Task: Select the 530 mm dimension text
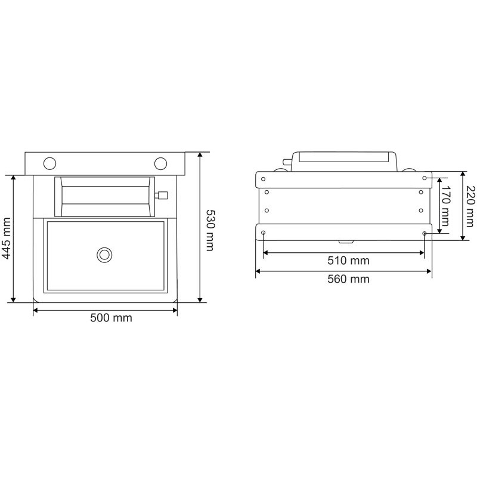210,230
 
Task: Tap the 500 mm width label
111,318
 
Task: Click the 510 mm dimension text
349,261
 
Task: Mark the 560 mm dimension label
349,279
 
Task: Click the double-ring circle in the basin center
104,254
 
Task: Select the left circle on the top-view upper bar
50,163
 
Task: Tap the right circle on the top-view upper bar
160,163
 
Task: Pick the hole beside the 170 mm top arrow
424,178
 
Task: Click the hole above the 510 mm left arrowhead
264,233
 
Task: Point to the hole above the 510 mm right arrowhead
424,233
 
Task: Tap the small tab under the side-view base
345,241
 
